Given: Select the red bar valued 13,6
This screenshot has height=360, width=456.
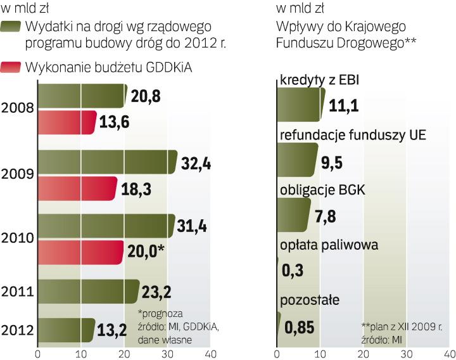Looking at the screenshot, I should (x=66, y=122).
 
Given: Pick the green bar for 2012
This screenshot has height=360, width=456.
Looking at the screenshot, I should (x=66, y=330).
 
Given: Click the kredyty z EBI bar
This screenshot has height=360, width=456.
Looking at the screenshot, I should (x=301, y=103).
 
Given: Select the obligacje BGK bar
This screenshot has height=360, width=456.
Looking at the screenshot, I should (x=294, y=214).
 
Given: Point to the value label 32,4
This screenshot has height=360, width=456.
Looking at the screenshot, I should (x=196, y=164).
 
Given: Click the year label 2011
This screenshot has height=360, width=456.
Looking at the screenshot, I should (x=17, y=292).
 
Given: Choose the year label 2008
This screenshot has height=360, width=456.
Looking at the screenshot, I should (x=17, y=108).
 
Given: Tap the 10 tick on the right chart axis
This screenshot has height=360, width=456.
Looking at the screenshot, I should (x=320, y=352).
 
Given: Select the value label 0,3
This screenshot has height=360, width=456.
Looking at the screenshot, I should (x=292, y=271).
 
